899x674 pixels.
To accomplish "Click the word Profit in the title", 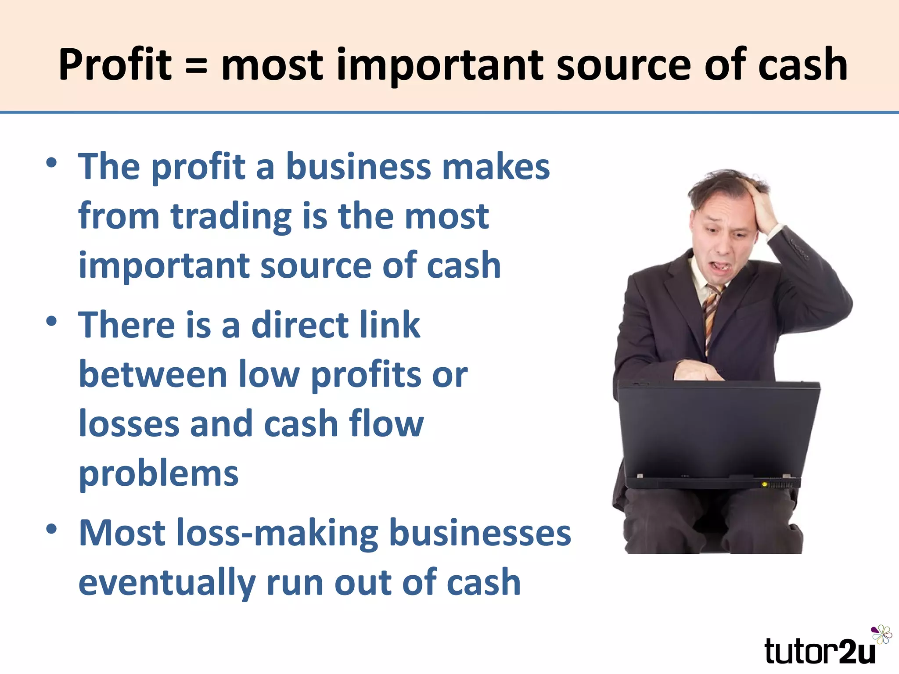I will (115, 65).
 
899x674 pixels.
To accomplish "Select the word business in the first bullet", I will (358, 167).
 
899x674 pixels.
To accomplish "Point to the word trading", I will (231, 217).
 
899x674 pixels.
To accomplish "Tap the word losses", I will (129, 424).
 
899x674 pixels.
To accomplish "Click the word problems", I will (158, 475).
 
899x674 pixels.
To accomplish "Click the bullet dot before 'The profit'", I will (51, 163).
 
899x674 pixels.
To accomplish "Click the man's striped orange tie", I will (711, 316).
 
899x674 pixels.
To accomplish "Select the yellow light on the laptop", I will (765, 484).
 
